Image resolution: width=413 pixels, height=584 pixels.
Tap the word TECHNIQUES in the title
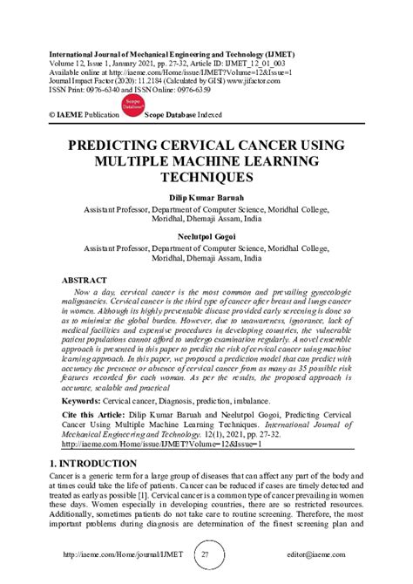pos(206,177)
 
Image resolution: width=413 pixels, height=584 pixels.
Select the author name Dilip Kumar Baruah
pos(206,199)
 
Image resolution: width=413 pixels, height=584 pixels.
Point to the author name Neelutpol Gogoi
pos(206,235)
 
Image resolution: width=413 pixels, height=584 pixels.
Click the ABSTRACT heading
pos(83,281)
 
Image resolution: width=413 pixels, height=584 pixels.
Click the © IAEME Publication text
pos(85,115)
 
